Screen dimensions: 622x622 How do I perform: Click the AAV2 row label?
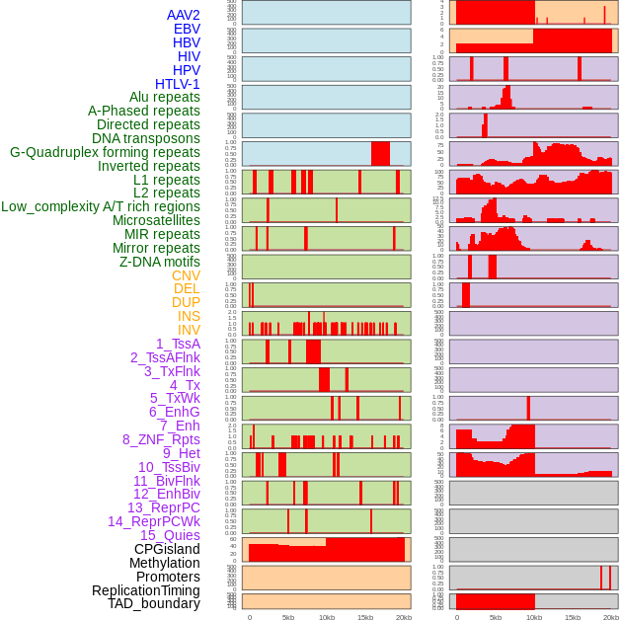click(x=184, y=15)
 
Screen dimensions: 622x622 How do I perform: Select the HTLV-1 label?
click(x=178, y=84)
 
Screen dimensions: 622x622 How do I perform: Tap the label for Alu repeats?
click(x=165, y=97)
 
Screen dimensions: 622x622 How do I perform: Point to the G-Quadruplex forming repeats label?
click(x=105, y=152)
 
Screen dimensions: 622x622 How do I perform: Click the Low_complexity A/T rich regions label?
click(x=101, y=206)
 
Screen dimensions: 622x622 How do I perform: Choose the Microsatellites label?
click(x=156, y=220)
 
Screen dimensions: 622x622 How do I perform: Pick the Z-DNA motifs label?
click(x=160, y=262)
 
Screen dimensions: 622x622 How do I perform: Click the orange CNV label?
click(x=186, y=275)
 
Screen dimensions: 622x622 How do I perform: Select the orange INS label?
click(x=188, y=316)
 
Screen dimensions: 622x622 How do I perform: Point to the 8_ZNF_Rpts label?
click(x=161, y=439)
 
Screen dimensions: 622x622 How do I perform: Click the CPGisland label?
click(x=167, y=549)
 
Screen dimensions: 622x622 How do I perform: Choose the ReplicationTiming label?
click(x=146, y=590)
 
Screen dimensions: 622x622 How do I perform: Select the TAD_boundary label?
click(x=154, y=603)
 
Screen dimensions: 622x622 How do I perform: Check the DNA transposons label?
click(x=146, y=138)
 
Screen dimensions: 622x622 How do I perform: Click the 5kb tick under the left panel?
click(x=288, y=617)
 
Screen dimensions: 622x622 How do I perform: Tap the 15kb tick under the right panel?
click(x=573, y=617)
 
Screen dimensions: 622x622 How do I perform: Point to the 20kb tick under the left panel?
click(x=404, y=617)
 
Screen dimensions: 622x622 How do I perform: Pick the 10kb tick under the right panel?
click(x=534, y=617)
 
